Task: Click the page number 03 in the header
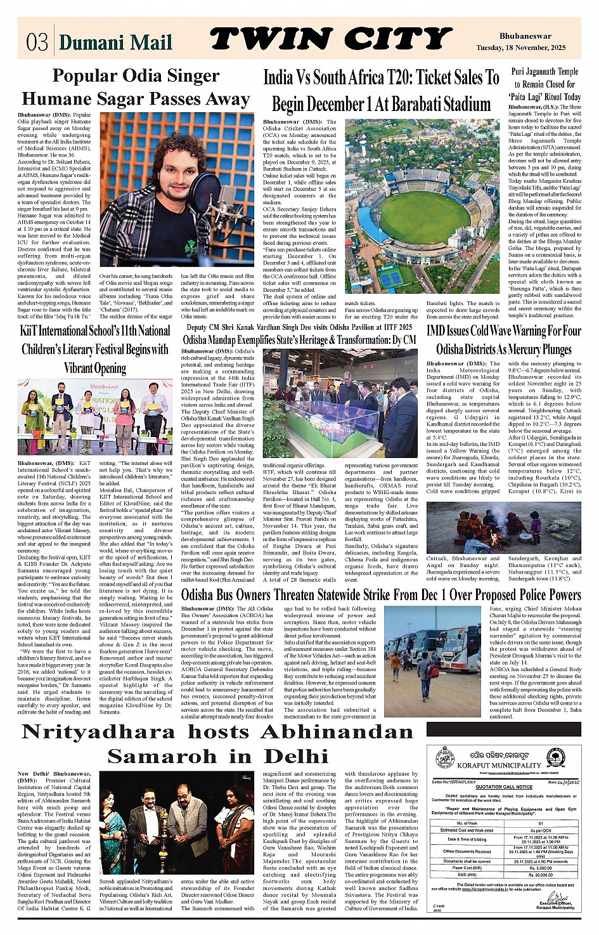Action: tap(37, 43)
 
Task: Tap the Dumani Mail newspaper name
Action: tap(115, 43)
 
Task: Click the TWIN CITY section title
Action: tap(330, 40)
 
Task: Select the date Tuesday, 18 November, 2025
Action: tap(520, 48)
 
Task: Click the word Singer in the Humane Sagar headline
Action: tap(189, 76)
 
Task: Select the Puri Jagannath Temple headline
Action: tap(544, 84)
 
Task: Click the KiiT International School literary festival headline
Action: tap(95, 349)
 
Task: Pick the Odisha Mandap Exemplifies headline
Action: tap(299, 339)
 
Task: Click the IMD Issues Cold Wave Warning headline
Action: tap(503, 340)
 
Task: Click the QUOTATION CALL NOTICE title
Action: tap(504, 787)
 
